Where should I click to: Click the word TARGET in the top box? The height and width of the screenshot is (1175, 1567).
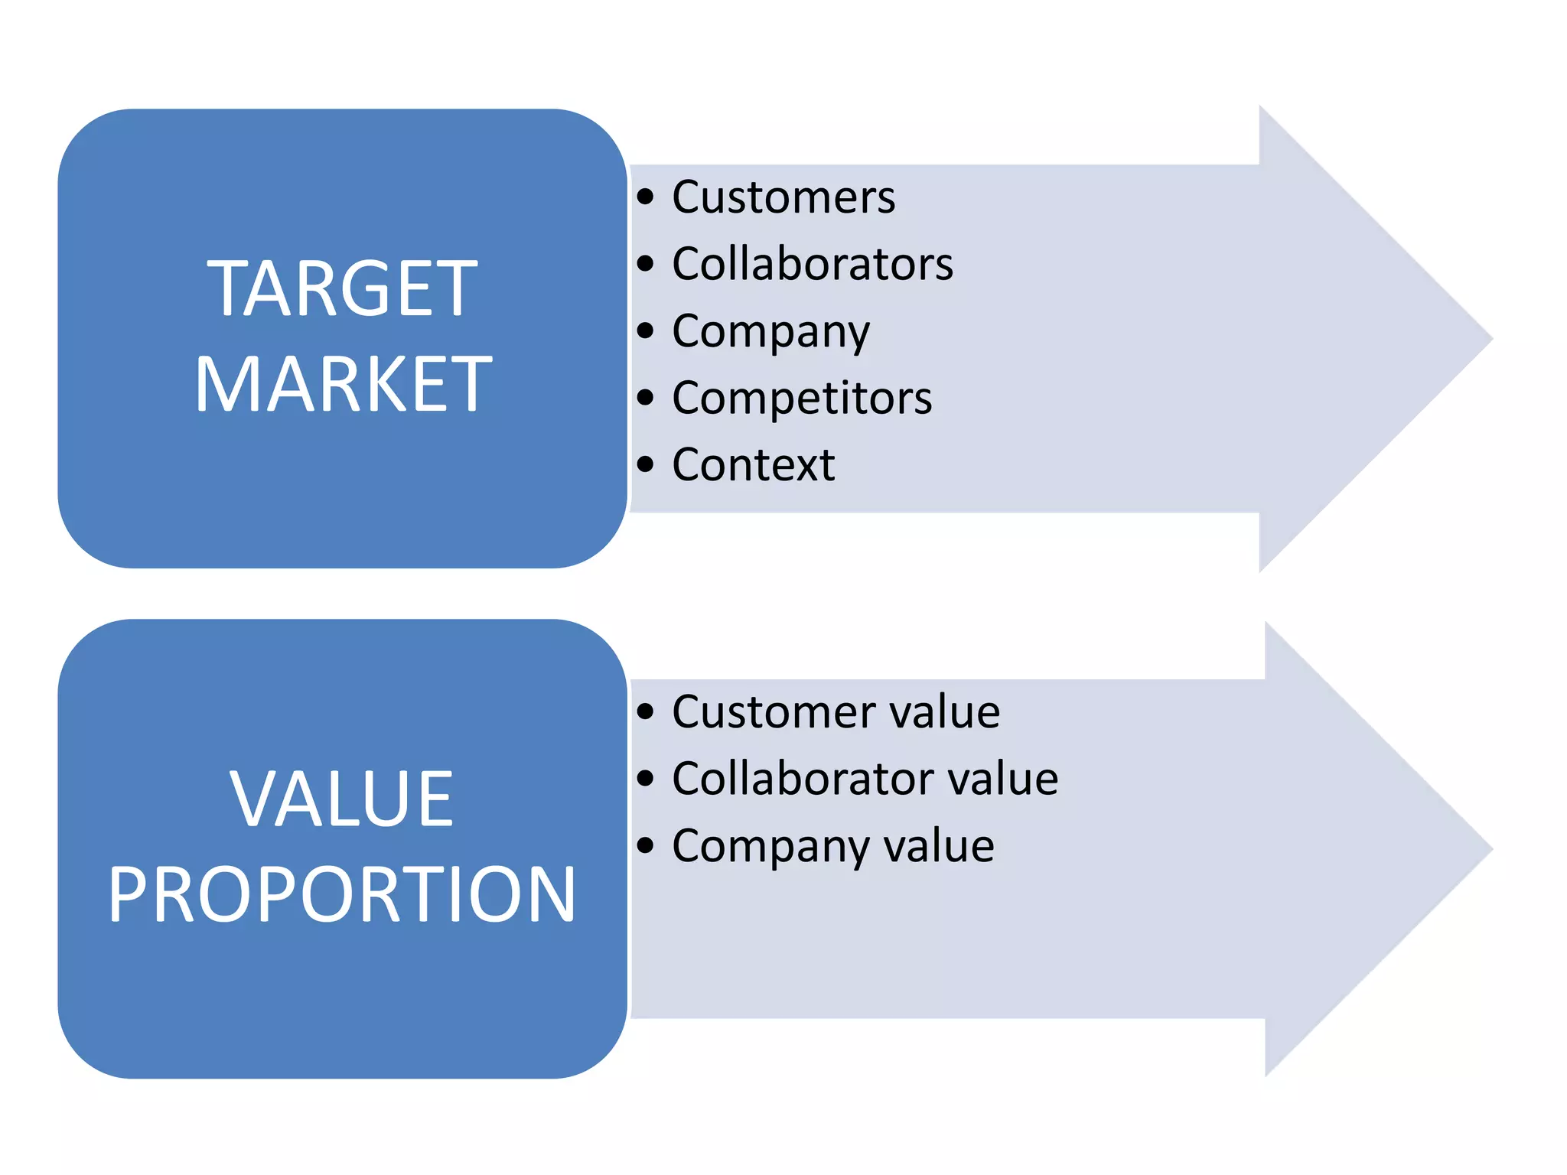click(x=342, y=289)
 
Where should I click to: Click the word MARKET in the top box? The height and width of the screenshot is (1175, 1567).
click(x=342, y=385)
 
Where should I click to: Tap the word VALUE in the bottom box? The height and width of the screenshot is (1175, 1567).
click(x=342, y=799)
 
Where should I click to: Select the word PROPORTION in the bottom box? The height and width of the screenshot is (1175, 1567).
click(x=342, y=895)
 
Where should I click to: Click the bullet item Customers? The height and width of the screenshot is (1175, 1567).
click(x=783, y=197)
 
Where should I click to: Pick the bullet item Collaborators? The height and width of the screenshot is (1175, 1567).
click(x=812, y=265)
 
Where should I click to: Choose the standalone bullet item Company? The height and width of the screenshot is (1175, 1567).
click(x=770, y=332)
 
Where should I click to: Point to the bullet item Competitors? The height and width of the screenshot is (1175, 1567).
click(x=802, y=399)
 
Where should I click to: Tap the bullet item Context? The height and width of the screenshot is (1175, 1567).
click(x=753, y=465)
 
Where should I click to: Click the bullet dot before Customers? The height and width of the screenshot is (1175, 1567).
click(x=646, y=197)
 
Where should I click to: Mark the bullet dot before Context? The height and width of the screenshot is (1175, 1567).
click(x=646, y=464)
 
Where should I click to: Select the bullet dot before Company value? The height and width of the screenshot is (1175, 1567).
click(x=646, y=846)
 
